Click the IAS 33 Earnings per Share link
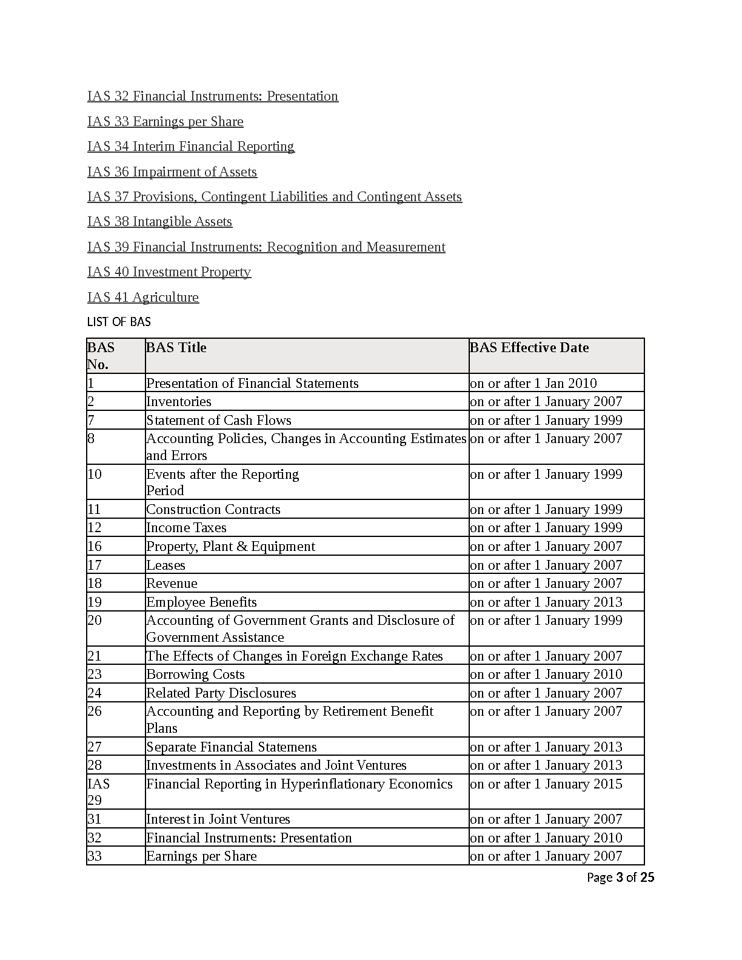(165, 122)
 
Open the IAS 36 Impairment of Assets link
(172, 172)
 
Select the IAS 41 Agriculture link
(142, 298)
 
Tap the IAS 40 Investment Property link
(169, 272)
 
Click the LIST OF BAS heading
(119, 322)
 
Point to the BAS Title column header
(176, 348)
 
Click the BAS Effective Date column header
(529, 348)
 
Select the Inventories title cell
(179, 402)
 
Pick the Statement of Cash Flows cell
(219, 421)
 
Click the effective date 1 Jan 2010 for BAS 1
(533, 384)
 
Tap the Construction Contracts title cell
(213, 510)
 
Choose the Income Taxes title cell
(186, 528)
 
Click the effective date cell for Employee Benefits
(546, 602)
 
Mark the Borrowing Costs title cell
(195, 675)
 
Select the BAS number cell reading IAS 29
(99, 792)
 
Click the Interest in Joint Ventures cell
(218, 819)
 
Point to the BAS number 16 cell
(95, 547)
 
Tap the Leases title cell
(166, 565)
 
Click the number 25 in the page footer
(647, 878)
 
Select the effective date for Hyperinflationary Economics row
(546, 784)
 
